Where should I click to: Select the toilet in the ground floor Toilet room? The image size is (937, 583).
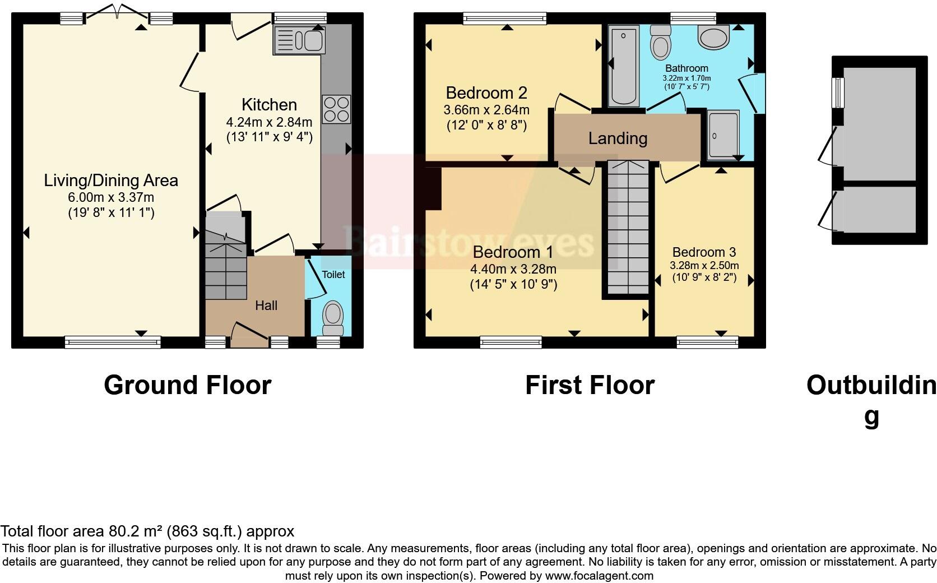[x=333, y=318]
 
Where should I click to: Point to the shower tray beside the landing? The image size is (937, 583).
[x=723, y=135]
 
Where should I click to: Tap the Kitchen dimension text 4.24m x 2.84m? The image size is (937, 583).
[x=269, y=122]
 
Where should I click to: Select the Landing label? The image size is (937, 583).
[x=618, y=138]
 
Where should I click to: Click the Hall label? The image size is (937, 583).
[x=266, y=306]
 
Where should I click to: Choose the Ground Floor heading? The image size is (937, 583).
[x=187, y=385]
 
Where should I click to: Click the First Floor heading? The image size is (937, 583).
[x=590, y=385]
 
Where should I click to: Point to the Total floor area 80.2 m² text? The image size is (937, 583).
[x=147, y=531]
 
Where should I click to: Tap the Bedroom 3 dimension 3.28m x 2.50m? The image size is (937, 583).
[x=704, y=265]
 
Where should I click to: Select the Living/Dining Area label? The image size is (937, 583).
[x=111, y=181]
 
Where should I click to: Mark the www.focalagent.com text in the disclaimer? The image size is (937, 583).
[x=599, y=576]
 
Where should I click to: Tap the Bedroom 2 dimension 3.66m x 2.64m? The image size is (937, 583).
[x=486, y=110]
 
